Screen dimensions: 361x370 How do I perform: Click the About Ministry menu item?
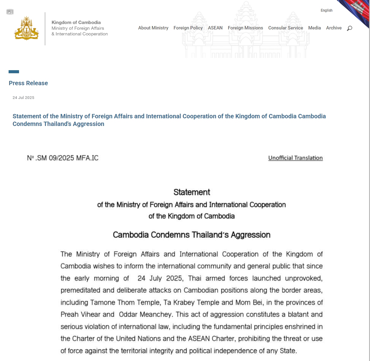click(153, 28)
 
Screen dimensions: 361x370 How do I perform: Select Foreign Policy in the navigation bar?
click(188, 28)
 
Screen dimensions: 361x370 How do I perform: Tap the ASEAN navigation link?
click(215, 28)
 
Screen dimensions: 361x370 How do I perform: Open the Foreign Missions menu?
click(245, 28)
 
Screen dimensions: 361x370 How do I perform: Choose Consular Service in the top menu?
click(285, 28)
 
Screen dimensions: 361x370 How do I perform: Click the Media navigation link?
click(314, 28)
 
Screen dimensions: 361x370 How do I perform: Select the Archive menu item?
click(333, 28)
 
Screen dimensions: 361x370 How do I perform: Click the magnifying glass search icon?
click(349, 28)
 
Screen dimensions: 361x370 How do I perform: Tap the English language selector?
click(326, 10)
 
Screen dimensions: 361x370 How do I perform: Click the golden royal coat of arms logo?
click(27, 28)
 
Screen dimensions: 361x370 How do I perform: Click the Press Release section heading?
click(28, 83)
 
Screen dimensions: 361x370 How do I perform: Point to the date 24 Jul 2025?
click(23, 98)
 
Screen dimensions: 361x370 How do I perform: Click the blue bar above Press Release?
click(14, 72)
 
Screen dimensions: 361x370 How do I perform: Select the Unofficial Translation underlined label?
click(295, 158)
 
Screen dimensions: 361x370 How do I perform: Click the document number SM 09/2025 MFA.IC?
click(63, 158)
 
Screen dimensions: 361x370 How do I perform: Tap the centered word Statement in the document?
click(192, 192)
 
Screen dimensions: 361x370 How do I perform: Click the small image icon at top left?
click(10, 12)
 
